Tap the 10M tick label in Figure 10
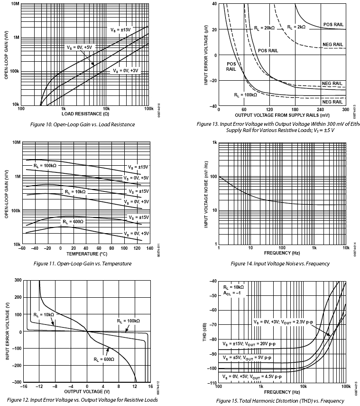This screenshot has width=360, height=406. click(15, 4)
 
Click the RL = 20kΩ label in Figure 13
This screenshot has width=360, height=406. click(264, 28)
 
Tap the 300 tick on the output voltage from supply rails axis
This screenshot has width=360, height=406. click(345, 110)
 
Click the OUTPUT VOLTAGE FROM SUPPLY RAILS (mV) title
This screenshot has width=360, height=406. click(282, 115)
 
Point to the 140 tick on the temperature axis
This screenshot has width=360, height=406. click(149, 248)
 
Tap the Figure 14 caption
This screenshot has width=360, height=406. click(280, 264)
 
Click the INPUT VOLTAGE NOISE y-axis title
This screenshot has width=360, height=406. click(206, 193)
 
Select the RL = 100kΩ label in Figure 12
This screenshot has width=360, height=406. click(129, 321)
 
